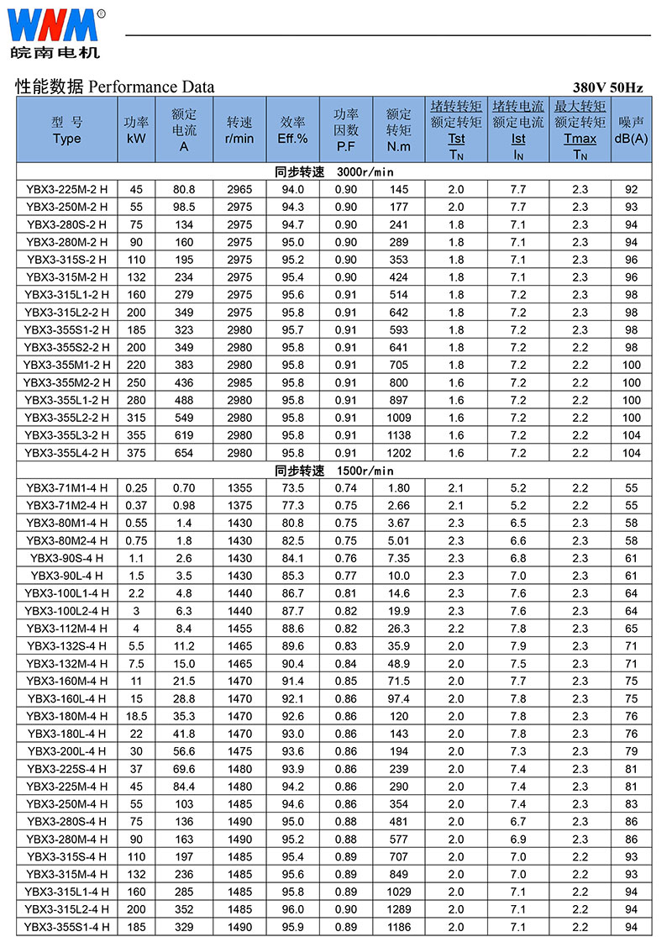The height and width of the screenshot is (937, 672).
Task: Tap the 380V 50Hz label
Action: click(x=608, y=87)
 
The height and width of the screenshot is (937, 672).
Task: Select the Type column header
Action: click(x=66, y=130)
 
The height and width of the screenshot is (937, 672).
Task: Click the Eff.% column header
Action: click(x=292, y=130)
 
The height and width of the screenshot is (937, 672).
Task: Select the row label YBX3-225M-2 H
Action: click(x=66, y=189)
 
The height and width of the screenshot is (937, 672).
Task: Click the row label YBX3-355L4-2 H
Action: click(x=66, y=453)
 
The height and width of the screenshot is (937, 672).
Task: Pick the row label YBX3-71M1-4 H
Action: click(x=66, y=488)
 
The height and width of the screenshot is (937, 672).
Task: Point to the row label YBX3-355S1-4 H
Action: click(x=66, y=927)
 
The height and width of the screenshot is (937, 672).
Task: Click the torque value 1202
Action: click(x=398, y=453)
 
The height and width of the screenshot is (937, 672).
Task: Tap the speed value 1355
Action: click(x=239, y=488)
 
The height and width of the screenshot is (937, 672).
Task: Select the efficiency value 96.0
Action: click(x=292, y=909)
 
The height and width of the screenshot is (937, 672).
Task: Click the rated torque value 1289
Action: click(x=398, y=909)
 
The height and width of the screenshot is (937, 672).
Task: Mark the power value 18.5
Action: click(x=136, y=716)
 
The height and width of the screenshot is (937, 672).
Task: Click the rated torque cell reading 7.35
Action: click(x=398, y=558)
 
